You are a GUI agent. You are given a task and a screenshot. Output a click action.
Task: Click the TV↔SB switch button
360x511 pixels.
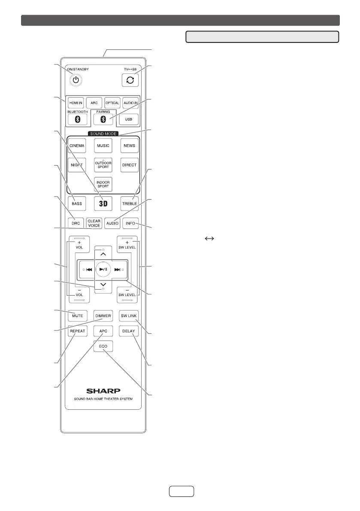(129, 79)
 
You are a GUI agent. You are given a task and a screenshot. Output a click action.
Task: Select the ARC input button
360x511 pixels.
(94, 103)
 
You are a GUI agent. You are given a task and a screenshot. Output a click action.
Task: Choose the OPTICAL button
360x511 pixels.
(112, 103)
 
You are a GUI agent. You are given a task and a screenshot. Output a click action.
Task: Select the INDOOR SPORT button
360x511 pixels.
(103, 184)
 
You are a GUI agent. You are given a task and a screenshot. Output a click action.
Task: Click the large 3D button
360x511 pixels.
(103, 203)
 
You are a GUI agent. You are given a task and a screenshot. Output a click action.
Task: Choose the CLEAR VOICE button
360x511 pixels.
(94, 223)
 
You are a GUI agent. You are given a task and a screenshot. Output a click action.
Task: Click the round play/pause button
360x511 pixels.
(103, 269)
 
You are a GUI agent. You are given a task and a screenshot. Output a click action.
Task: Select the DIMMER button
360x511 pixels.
(103, 316)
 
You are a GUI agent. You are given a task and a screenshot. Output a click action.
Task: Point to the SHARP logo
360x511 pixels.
(103, 391)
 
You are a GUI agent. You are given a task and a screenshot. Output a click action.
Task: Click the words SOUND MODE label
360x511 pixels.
(103, 134)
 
